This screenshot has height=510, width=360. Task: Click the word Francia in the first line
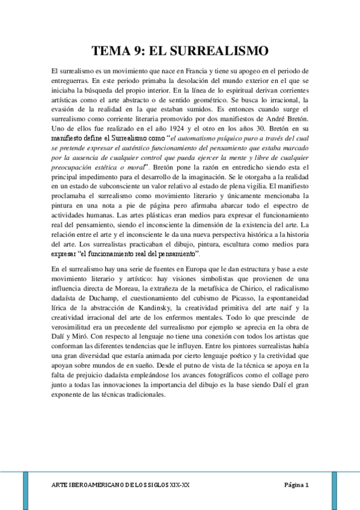[201, 71]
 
